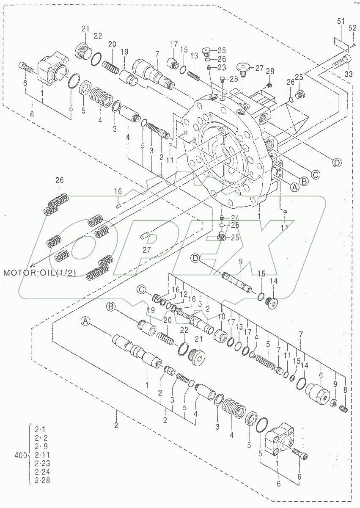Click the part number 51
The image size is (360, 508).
coord(341,21)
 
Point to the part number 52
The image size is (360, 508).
coord(352,28)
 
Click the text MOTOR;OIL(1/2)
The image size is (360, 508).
coord(40,272)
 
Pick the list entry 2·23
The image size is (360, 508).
coord(41,463)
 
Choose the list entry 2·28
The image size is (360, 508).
coord(41,480)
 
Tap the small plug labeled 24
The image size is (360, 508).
coord(221,218)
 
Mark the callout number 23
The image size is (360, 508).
coord(223,67)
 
